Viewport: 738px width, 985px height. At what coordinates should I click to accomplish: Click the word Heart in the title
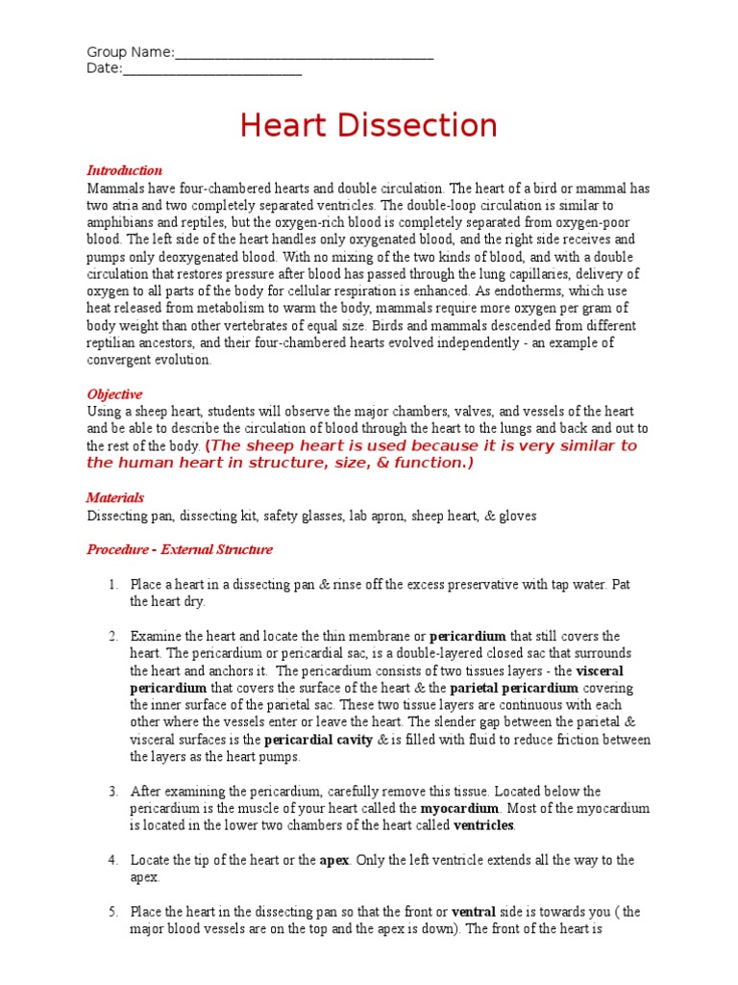click(285, 125)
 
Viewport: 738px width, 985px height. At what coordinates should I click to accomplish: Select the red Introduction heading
click(125, 170)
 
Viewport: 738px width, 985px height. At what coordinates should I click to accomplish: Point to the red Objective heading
click(114, 394)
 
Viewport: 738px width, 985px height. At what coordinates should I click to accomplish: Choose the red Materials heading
click(115, 498)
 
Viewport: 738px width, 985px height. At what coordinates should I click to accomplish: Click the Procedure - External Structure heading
click(180, 550)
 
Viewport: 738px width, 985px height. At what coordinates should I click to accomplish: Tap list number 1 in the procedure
click(112, 585)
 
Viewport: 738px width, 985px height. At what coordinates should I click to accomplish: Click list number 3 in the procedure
click(112, 792)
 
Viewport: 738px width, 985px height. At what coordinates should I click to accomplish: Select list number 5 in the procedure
click(112, 912)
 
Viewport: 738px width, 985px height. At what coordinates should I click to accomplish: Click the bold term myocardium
click(459, 809)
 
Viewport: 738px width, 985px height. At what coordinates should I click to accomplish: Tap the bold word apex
click(333, 861)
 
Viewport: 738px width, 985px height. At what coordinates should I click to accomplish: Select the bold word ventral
click(472, 912)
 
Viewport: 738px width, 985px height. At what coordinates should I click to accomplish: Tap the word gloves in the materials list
click(518, 517)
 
